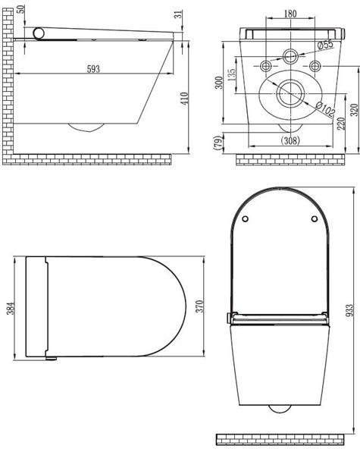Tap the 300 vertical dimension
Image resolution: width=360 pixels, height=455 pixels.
click(219, 83)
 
